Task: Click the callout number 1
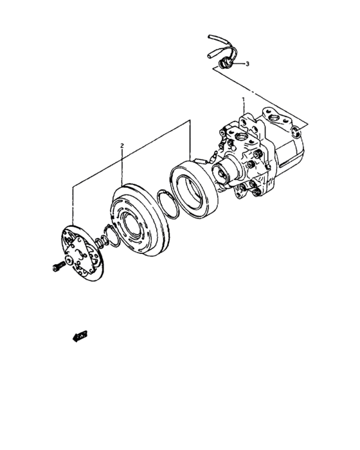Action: click(x=243, y=100)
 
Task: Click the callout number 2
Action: click(x=122, y=147)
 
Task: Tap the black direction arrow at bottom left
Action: click(x=79, y=335)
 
